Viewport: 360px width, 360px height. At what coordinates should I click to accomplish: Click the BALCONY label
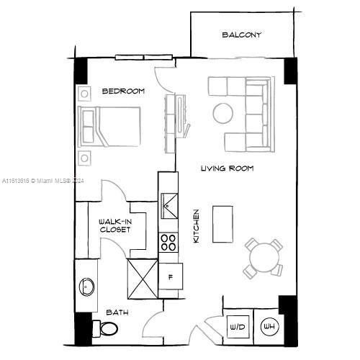241,35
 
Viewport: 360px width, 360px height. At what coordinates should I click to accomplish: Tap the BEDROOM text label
123,91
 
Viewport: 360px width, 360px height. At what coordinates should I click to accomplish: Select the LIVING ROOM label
227,168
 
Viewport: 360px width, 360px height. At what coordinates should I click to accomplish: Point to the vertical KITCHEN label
196,225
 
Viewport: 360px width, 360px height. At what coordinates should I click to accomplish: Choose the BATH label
117,312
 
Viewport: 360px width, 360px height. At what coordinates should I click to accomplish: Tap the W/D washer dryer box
237,327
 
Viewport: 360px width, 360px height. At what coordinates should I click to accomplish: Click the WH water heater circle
268,327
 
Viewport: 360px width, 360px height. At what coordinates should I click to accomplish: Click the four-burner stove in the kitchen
168,242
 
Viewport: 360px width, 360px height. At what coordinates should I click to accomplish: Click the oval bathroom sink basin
86,286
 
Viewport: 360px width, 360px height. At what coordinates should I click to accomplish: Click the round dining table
262,256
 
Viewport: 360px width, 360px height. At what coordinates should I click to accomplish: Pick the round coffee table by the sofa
222,113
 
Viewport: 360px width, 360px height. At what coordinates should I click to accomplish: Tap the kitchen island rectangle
222,225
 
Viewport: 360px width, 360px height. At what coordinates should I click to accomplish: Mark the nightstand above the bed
84,92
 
